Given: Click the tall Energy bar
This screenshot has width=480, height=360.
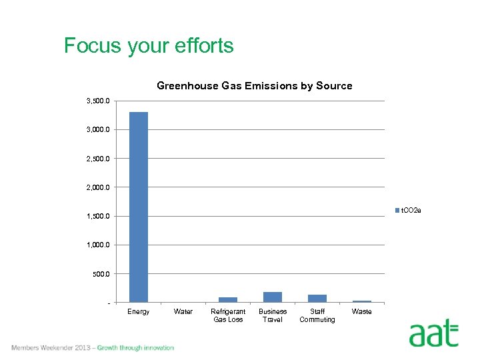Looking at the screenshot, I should [x=139, y=207].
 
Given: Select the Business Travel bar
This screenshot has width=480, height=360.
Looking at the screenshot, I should [x=273, y=297].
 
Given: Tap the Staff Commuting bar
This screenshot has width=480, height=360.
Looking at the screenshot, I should [x=317, y=299].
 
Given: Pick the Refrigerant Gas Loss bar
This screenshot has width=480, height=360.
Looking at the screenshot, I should [x=228, y=300].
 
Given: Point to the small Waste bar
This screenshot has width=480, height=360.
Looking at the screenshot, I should [x=362, y=301].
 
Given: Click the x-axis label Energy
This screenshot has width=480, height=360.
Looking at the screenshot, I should [x=139, y=312].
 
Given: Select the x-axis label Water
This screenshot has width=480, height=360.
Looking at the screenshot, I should [x=183, y=312].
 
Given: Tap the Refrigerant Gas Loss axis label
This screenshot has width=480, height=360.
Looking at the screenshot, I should [x=228, y=315].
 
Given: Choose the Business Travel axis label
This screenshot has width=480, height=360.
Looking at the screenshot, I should [x=273, y=315].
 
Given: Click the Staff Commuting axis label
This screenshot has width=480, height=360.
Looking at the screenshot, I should [x=317, y=315].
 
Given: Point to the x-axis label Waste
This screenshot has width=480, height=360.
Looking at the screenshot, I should [x=362, y=312].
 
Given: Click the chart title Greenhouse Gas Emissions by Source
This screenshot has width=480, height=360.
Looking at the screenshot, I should [x=254, y=86].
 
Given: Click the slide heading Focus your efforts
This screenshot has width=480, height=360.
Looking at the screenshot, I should [x=149, y=46].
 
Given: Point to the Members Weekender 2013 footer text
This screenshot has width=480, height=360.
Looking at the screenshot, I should [x=93, y=348].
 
